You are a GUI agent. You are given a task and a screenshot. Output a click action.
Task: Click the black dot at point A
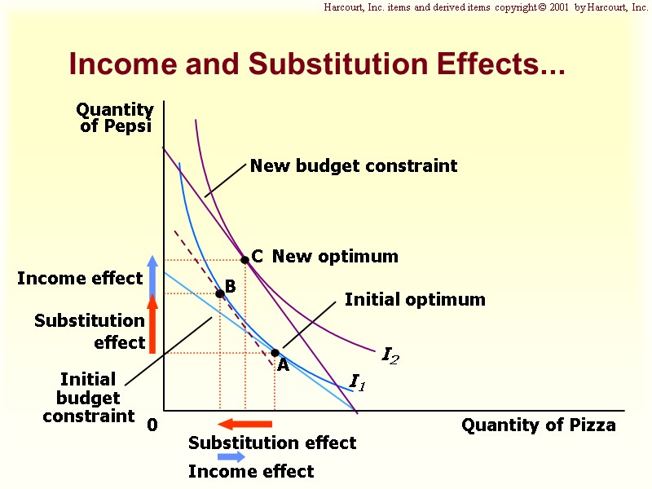click(275, 353)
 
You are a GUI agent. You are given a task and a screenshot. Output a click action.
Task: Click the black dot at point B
click(219, 293)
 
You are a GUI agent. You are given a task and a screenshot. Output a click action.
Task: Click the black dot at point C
click(244, 260)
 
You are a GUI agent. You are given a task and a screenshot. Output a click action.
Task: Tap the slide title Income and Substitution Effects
click(317, 64)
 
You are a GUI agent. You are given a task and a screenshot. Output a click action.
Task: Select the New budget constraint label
click(353, 166)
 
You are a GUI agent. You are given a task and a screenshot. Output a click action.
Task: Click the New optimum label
click(335, 257)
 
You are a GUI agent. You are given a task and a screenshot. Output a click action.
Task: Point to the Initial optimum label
click(414, 300)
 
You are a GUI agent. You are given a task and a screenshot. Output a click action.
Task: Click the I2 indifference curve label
click(390, 355)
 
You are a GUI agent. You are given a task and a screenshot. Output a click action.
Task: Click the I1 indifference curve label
click(357, 381)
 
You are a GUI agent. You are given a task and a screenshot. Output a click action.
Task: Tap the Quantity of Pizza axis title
click(539, 425)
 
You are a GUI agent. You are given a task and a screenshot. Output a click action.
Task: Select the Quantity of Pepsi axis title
click(115, 118)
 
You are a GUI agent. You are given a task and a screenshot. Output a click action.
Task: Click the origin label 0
click(152, 425)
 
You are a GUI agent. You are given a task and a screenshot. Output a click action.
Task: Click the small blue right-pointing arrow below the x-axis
click(231, 457)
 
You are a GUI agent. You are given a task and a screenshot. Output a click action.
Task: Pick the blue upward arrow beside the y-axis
click(152, 273)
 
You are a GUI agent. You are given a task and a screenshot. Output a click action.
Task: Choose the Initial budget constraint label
click(88, 398)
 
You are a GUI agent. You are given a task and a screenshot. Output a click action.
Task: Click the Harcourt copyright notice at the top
click(486, 7)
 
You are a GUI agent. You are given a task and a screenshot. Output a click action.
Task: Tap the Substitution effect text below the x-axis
click(272, 443)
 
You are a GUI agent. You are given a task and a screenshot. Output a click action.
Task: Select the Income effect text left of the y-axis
click(80, 279)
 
